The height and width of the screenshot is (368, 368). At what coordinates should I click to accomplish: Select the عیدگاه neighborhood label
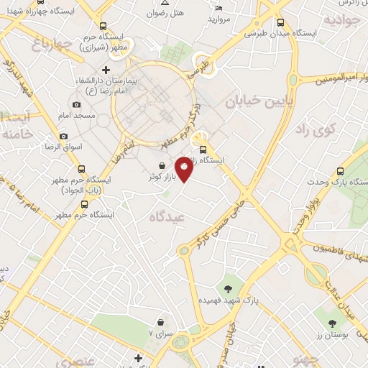[167, 216]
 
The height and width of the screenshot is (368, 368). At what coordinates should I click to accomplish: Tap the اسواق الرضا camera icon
[63, 137]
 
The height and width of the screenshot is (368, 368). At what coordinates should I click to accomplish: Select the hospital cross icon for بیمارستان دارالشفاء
[106, 70]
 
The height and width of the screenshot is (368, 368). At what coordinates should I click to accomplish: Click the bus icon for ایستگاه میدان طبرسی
[279, 22]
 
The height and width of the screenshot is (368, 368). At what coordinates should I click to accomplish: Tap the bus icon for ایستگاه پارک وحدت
[340, 170]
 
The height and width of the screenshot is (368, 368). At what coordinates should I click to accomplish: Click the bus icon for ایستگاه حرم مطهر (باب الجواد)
[81, 170]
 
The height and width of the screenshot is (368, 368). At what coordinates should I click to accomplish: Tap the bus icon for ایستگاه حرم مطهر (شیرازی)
[103, 25]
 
